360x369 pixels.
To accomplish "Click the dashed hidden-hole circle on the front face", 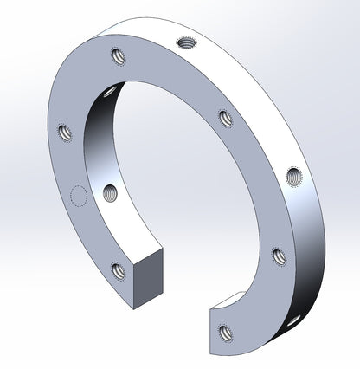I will [79, 197].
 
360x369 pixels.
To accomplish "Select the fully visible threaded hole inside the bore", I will [110, 192].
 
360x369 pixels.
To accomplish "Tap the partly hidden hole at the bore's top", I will [110, 91].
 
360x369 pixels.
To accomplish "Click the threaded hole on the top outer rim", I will [186, 42].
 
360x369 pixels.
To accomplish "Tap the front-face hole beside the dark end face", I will [118, 271].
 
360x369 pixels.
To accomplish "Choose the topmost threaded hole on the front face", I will [117, 58].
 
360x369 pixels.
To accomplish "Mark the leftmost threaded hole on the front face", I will [63, 133].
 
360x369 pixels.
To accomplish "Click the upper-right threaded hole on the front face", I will [225, 117].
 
